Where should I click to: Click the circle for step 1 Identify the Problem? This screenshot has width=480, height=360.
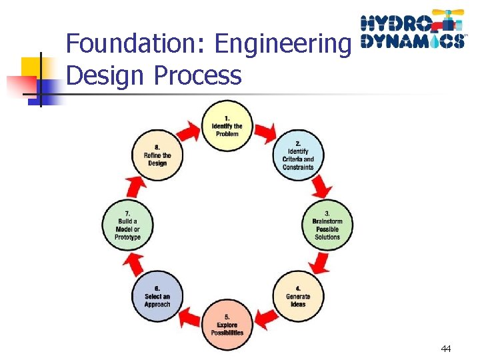(x=227, y=126)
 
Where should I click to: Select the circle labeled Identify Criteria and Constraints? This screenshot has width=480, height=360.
(x=297, y=155)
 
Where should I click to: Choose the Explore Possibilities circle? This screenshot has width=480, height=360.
(x=227, y=325)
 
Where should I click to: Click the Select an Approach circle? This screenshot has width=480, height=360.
(x=157, y=296)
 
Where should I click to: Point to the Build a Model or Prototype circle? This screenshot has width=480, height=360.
(x=128, y=225)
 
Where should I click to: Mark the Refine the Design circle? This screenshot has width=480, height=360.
(x=157, y=155)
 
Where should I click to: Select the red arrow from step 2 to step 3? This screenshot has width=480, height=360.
(x=322, y=186)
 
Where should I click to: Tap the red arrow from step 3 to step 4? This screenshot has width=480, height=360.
(x=322, y=264)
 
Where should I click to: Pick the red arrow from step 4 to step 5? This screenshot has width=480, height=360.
(x=267, y=319)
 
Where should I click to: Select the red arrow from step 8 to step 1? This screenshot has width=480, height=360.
(x=189, y=132)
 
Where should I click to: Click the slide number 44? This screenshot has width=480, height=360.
(x=446, y=349)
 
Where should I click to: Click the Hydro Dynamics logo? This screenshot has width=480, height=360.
(x=412, y=30)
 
